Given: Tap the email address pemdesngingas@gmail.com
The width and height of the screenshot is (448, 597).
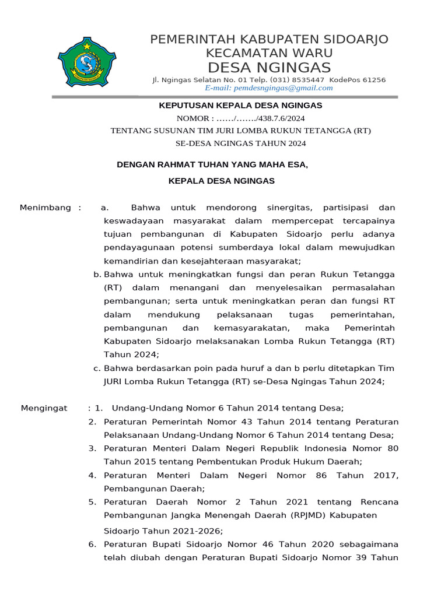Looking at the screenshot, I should pos(269,88).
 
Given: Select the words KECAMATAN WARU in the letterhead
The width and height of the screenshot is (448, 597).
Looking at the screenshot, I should pos(269,53).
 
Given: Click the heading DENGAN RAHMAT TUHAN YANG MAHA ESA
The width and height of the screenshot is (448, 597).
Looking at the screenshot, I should pos(212,165).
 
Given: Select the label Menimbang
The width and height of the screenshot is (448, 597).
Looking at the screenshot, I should pos(45,208).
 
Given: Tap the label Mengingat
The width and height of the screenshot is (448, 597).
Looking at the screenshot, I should pos(44,408).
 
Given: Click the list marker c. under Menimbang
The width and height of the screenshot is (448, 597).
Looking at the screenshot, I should pos(97,368).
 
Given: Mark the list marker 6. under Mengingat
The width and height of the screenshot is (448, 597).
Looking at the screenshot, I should pos(92,544).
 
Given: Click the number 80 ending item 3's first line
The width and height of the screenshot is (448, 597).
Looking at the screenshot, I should pos(393,448).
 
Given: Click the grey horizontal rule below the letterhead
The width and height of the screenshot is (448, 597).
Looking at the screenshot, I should pos(224,97).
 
